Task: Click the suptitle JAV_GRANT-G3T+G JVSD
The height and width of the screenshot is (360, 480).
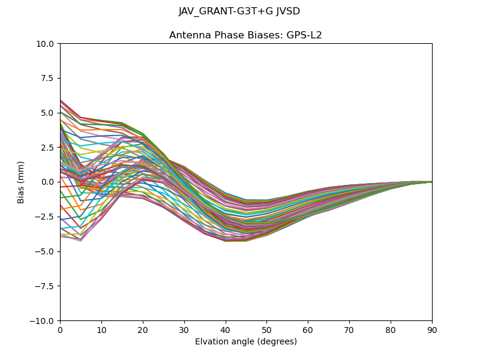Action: (239, 11)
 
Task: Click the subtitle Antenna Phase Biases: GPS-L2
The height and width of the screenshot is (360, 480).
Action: (245, 35)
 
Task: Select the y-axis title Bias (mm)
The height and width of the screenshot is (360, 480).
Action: (21, 182)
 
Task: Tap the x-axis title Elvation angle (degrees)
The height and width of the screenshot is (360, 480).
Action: (245, 342)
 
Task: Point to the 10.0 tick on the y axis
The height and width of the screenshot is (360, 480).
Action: (46, 44)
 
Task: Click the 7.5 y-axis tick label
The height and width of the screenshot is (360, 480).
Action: (48, 78)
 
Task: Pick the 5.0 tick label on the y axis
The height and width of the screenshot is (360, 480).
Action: (48, 113)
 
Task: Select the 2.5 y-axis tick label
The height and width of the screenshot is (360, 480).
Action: (48, 148)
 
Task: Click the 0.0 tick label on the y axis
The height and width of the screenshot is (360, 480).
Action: (48, 182)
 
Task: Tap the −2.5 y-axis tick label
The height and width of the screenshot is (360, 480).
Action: (46, 217)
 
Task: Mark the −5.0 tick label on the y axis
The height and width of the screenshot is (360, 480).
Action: (46, 251)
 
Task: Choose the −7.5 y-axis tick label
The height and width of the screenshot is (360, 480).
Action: (46, 286)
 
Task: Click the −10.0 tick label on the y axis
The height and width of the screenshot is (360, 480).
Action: (43, 321)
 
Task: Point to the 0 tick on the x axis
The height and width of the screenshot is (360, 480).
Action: (60, 330)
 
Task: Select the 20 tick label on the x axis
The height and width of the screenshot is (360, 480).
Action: (143, 330)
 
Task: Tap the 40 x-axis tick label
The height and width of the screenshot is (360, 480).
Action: (226, 330)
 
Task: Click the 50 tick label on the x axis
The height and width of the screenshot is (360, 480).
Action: (266, 330)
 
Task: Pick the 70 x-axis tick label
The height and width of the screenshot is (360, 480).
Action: (349, 330)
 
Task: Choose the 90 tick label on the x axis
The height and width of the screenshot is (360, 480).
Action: (432, 330)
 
